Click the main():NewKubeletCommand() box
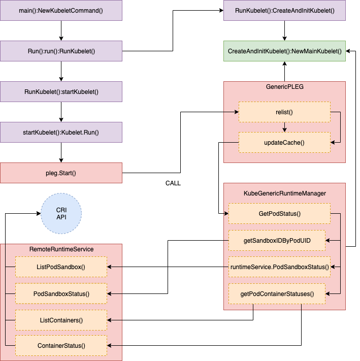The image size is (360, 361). point(61,10)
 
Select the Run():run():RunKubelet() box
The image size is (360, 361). point(61,51)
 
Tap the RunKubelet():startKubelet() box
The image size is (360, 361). point(61,91)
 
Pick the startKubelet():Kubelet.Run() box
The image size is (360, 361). point(61,132)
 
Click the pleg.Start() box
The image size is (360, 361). point(61,173)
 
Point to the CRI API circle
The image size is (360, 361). point(61,213)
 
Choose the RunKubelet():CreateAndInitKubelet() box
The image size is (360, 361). point(284,10)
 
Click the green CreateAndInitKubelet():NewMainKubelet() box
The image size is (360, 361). point(284,51)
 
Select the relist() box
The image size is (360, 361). point(284,112)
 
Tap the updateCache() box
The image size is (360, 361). point(284,142)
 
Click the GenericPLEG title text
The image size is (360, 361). point(284,87)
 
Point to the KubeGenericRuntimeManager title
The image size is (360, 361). point(284,193)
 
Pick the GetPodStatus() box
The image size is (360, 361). point(279,213)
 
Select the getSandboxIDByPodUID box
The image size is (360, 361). point(277,240)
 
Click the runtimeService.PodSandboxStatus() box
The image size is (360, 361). point(279,267)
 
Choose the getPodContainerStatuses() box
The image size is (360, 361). point(277,293)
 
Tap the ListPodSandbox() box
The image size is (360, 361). point(61,267)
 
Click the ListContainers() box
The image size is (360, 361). point(61,320)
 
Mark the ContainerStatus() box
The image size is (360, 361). point(61,346)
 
